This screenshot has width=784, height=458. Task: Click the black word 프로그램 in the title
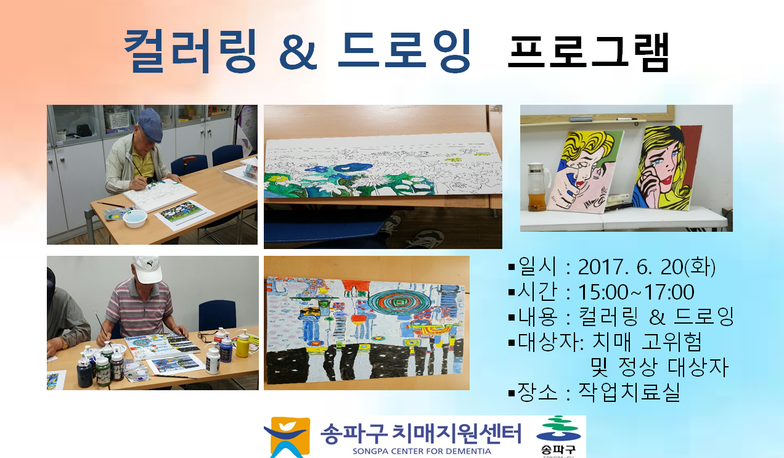[589, 52]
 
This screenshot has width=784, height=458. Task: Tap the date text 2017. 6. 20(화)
[647, 267]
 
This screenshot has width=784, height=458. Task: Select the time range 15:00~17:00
[636, 292]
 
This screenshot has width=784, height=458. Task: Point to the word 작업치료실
[629, 392]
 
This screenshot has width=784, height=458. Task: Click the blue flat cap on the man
[150, 125]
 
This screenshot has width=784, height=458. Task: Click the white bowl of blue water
[135, 218]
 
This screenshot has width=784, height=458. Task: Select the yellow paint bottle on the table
[242, 343]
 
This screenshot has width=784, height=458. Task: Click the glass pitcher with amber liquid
[537, 187]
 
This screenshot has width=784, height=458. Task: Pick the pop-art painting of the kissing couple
[584, 171]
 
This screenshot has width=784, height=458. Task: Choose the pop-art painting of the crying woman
[666, 168]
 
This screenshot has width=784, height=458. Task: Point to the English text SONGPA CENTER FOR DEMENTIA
[422, 451]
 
